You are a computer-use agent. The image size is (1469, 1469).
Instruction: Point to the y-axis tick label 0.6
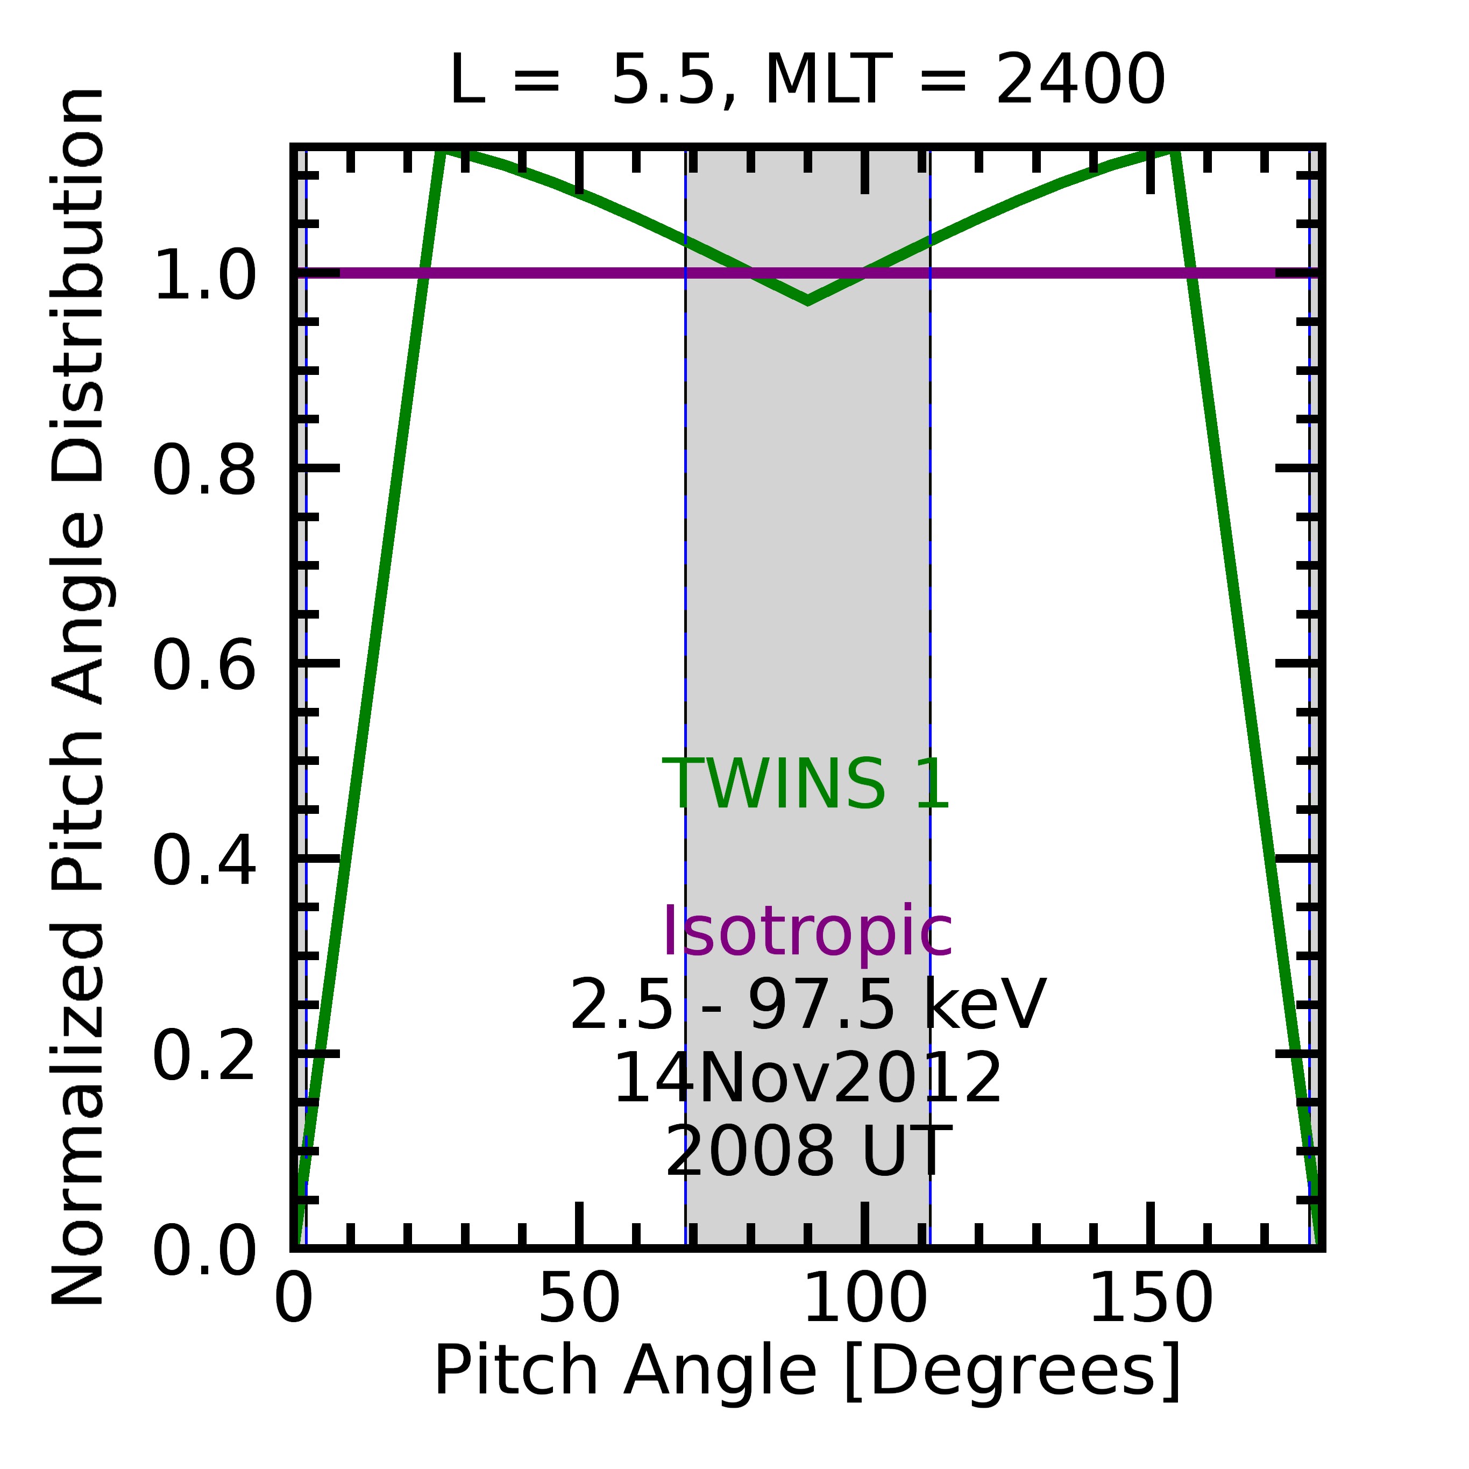[204, 667]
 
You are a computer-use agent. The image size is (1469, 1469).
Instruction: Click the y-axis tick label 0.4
[204, 862]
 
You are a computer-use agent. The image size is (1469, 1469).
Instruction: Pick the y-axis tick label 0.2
[204, 1057]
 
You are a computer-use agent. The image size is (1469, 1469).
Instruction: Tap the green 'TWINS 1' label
[806, 785]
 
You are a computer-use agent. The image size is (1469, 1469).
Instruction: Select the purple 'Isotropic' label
[807, 932]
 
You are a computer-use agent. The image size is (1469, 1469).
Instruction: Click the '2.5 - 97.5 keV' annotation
[807, 1005]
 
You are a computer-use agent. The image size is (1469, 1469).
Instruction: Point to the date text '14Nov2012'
[807, 1078]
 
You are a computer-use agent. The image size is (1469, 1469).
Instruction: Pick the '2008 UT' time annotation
[807, 1152]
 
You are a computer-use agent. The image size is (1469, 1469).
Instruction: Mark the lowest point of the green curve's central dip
[807, 301]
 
